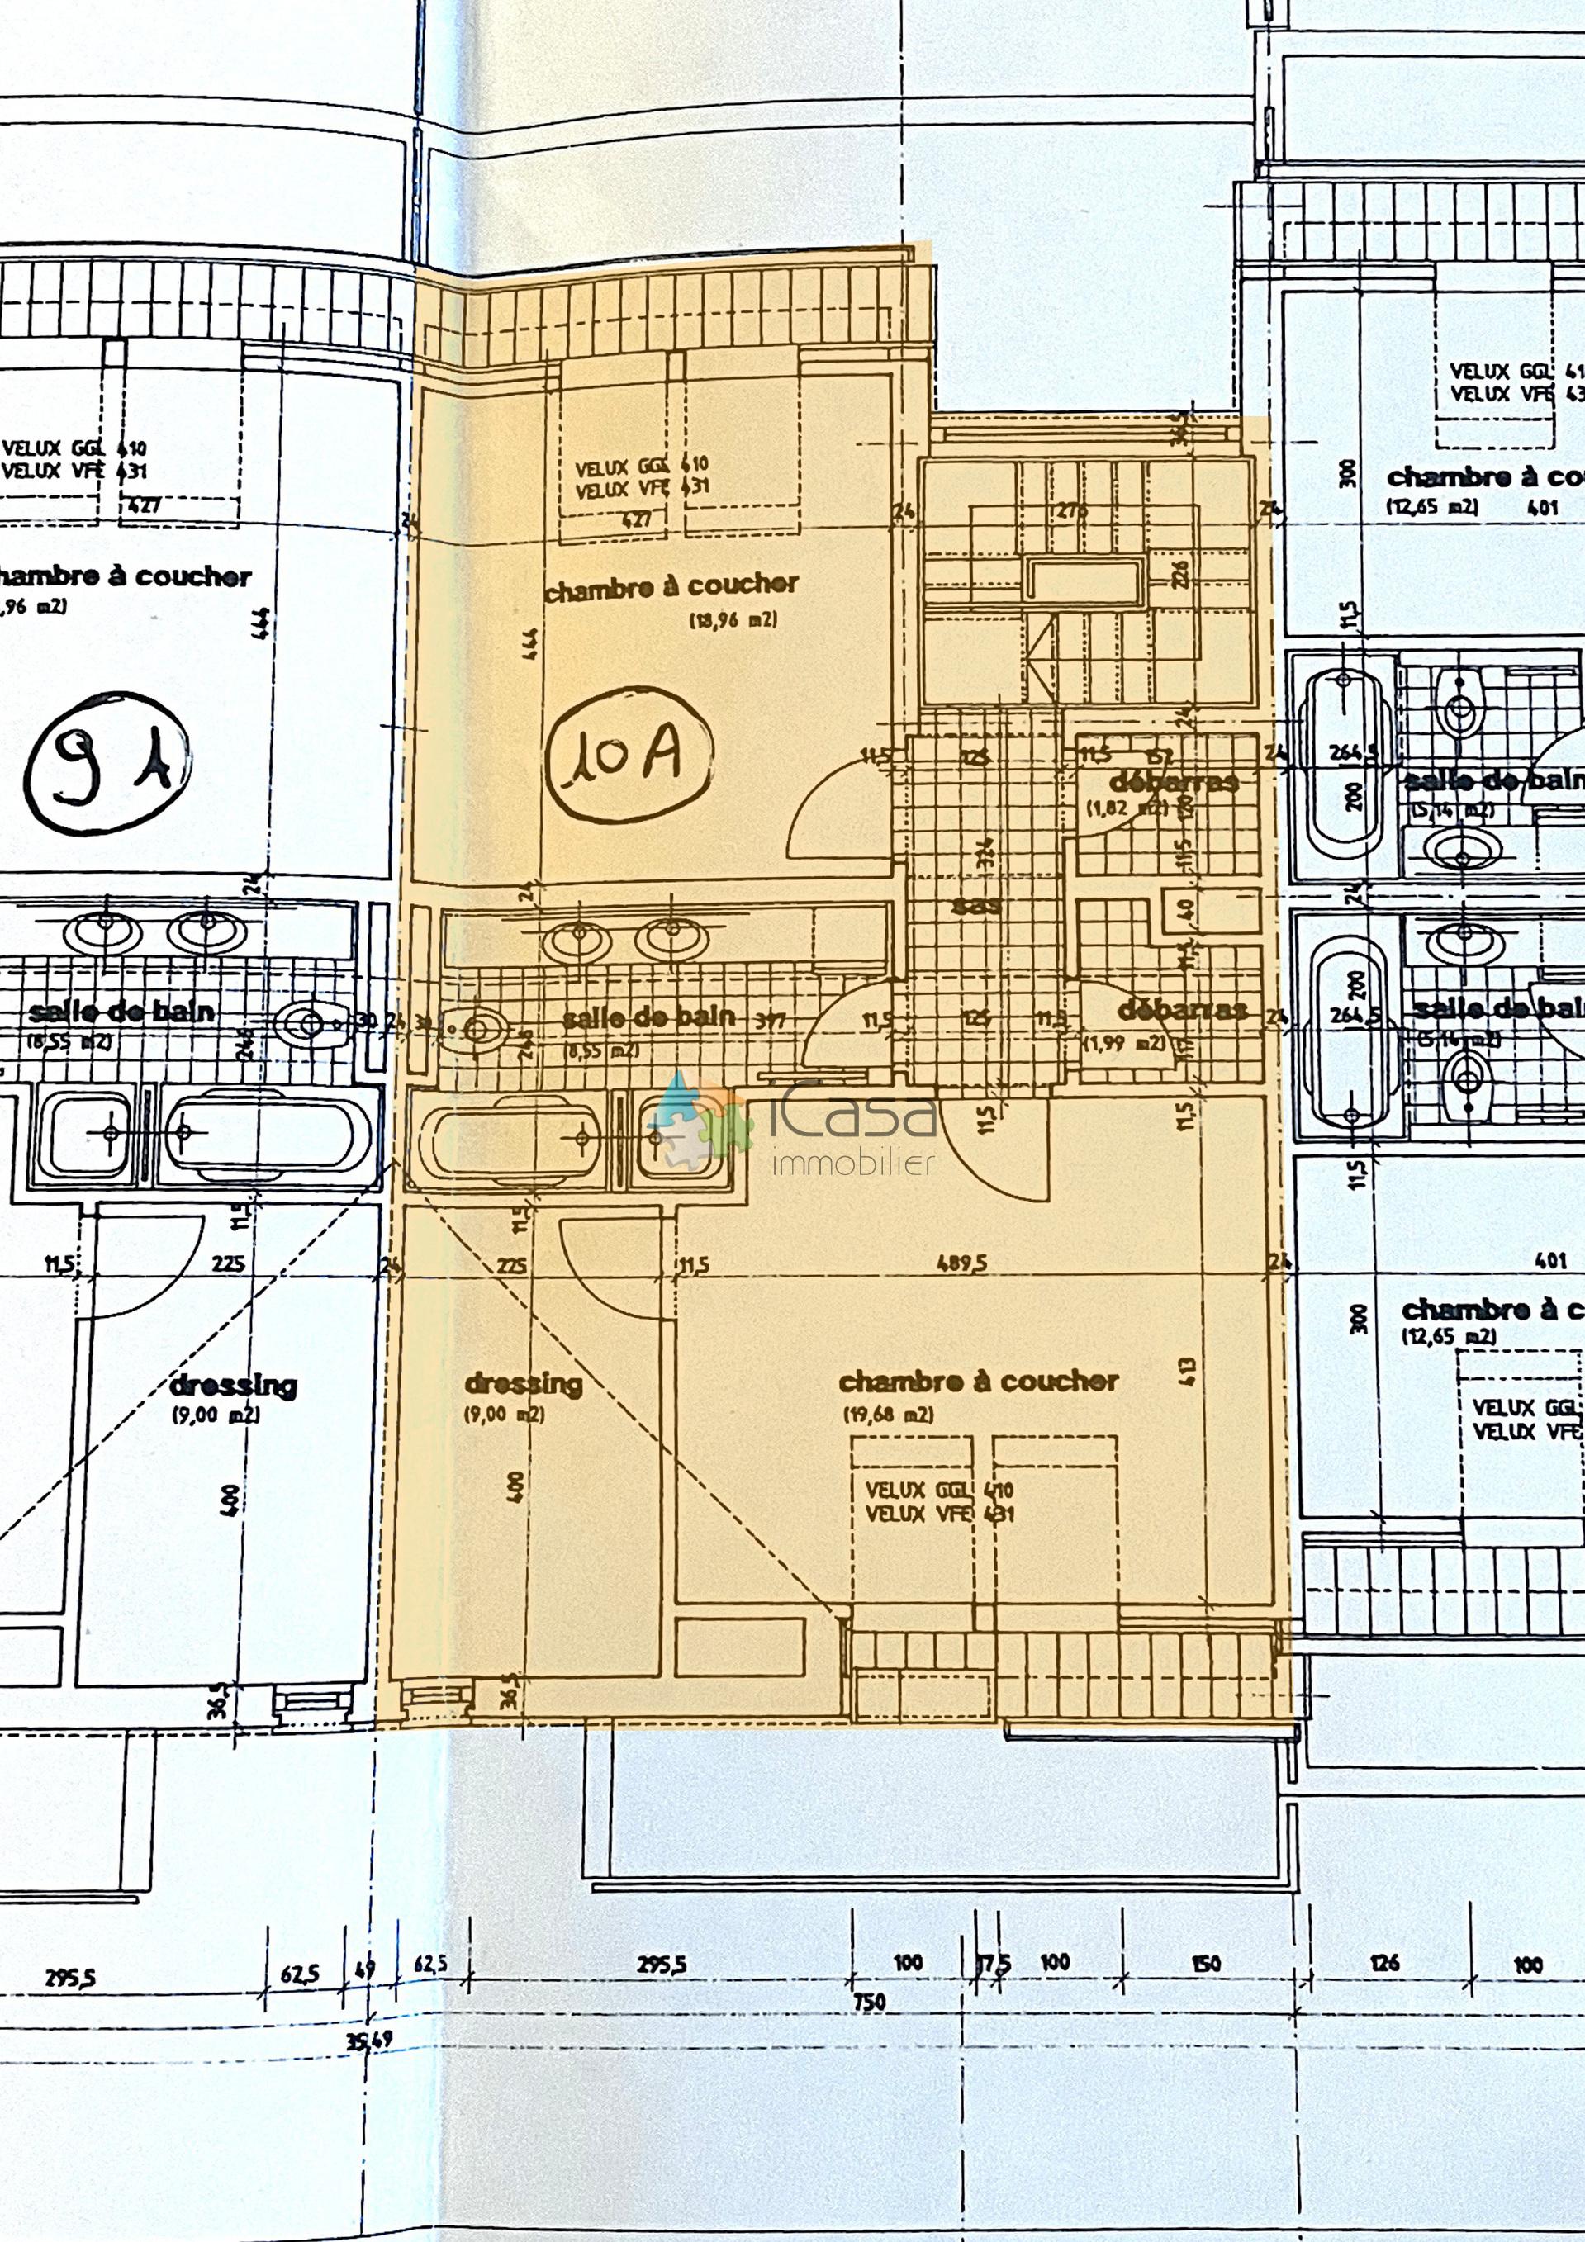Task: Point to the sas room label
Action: click(975, 904)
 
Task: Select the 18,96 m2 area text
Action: click(733, 619)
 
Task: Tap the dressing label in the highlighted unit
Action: click(523, 1384)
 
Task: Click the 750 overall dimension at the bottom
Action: click(868, 2002)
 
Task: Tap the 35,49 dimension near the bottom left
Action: click(369, 2038)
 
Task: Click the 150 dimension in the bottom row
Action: click(1206, 1963)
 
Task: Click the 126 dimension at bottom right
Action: click(1385, 1963)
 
